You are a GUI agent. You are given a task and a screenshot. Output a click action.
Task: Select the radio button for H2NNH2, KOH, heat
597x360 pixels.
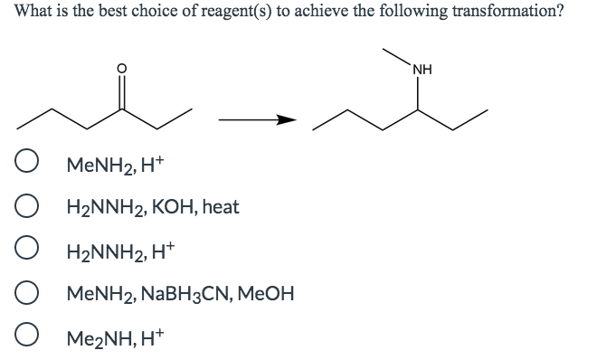coord(26,207)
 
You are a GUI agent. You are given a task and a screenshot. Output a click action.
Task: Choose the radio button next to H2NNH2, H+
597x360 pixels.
coord(26,250)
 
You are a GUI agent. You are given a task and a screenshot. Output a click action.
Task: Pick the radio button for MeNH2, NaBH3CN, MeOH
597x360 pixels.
coord(26,293)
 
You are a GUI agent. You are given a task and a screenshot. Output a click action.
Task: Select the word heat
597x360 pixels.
coord(221,207)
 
